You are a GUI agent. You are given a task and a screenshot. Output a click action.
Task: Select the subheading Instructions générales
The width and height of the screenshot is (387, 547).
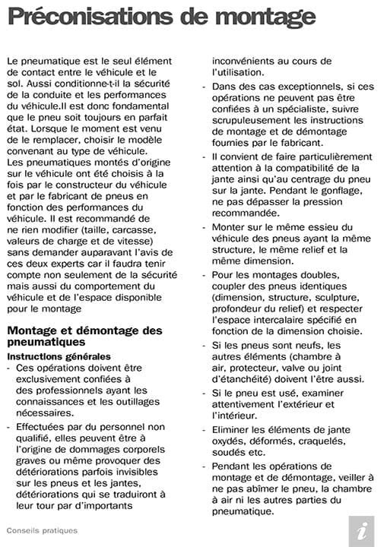(x=59, y=356)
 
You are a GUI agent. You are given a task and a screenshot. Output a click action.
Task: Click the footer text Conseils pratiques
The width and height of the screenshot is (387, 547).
(x=42, y=530)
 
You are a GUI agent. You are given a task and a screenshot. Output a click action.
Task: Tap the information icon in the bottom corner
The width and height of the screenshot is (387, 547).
(x=362, y=530)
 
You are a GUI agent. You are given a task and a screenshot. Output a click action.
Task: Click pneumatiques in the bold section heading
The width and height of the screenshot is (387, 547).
(x=46, y=343)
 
